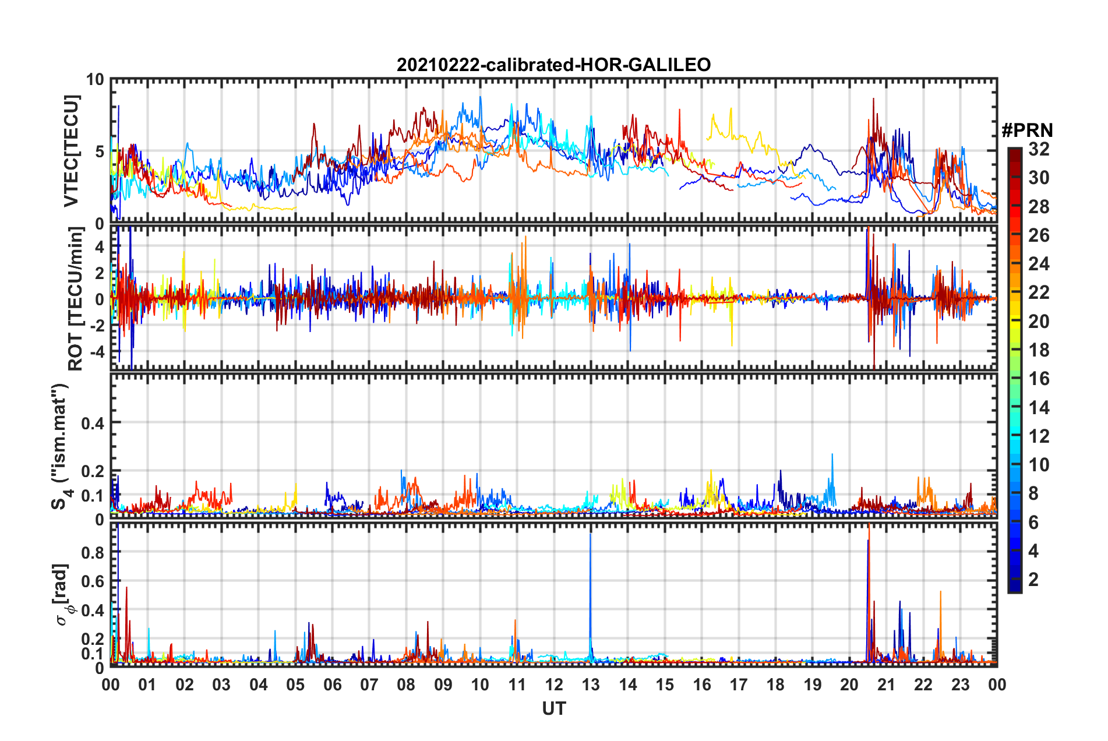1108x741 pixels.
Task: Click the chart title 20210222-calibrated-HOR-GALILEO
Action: (x=553, y=65)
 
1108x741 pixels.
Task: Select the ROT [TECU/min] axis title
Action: (x=76, y=299)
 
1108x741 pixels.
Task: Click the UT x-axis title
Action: (x=553, y=708)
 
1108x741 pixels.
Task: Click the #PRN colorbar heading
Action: (x=1027, y=130)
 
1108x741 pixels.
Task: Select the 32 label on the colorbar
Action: (x=1039, y=149)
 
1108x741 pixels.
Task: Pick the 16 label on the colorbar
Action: (x=1039, y=379)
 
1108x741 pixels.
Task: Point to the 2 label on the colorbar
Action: (x=1033, y=579)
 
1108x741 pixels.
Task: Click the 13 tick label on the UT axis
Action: (x=591, y=684)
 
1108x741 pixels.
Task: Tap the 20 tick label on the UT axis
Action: (x=849, y=684)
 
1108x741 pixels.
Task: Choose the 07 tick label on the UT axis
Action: (x=369, y=684)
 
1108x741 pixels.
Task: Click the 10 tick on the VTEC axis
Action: (x=96, y=80)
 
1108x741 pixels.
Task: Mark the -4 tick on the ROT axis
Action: (x=97, y=352)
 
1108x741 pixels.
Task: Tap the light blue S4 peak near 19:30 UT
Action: (x=832, y=457)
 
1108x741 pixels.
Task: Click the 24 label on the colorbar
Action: (x=1039, y=264)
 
